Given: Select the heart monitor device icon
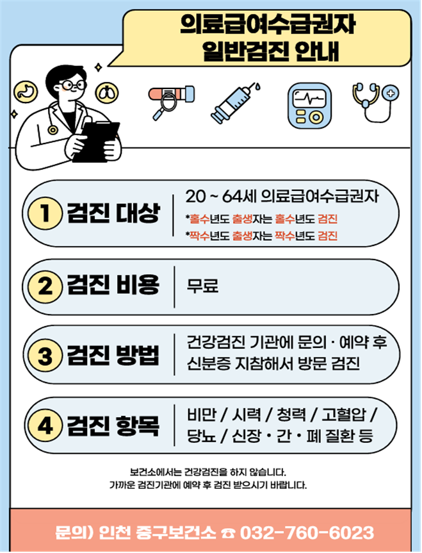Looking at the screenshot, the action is click(309, 106).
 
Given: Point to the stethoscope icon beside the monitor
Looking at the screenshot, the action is click(375, 102).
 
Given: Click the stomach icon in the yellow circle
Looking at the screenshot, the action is click(26, 92).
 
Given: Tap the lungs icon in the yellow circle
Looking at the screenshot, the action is click(107, 92).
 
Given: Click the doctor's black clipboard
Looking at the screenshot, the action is click(96, 142).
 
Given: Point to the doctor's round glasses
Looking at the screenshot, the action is click(72, 85).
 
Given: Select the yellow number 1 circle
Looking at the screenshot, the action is click(45, 213).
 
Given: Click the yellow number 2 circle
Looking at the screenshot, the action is click(45, 286).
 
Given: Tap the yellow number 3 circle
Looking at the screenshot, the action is click(45, 355).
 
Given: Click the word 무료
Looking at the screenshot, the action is click(203, 286).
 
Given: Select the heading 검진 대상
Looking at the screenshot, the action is click(113, 213).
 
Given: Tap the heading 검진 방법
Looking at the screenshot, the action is click(113, 355).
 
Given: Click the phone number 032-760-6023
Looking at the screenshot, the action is click(307, 533).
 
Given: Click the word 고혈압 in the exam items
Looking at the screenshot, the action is click(344, 415).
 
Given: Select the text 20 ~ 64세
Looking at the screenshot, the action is click(221, 197).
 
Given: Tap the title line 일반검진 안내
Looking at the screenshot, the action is click(271, 52).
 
